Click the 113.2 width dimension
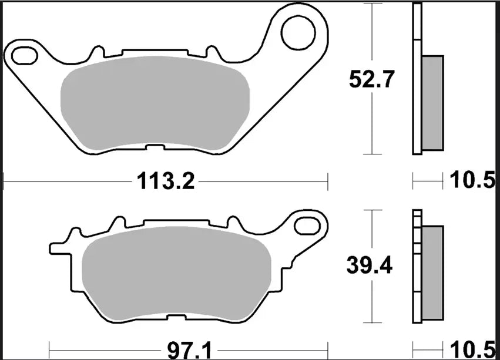[x=165, y=181]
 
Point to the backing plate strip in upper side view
[x=417, y=79]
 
